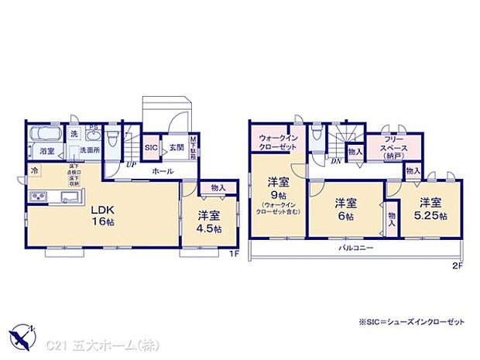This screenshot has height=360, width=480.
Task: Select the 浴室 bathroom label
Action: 47,152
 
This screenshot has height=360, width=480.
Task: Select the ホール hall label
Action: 162,170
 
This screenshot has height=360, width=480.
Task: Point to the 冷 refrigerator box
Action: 35,170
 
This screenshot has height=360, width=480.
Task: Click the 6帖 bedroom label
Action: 345,210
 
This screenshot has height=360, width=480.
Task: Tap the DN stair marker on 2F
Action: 337,161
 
